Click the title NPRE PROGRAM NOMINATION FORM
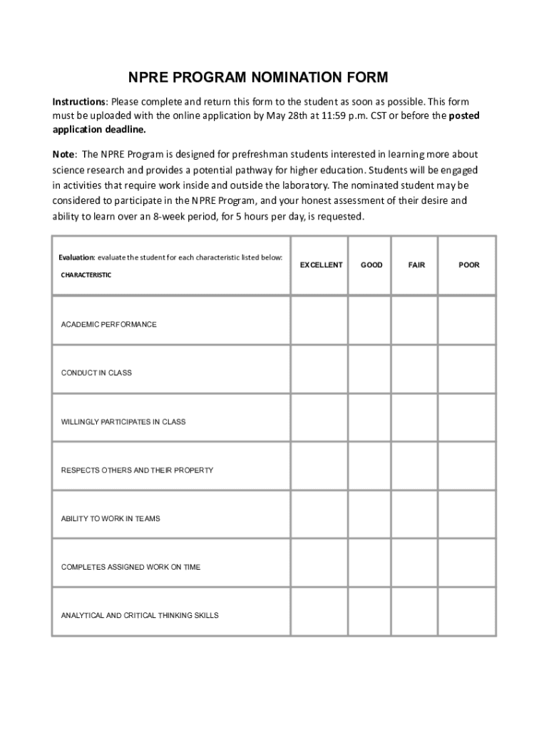coord(258,77)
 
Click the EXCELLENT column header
coord(321,265)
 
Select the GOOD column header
coord(371,265)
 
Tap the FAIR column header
coord(416,265)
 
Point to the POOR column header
coord(469,265)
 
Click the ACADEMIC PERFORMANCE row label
coord(108,324)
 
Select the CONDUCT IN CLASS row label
coord(96,373)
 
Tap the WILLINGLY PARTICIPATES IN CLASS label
coord(123,422)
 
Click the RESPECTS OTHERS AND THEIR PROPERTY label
coord(137,471)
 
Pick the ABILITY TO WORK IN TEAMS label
coord(111,519)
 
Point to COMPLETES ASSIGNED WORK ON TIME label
coord(131,567)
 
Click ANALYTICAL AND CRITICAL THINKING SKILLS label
coord(140,615)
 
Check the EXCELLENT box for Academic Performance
coord(319,321)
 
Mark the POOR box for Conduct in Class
coord(467,369)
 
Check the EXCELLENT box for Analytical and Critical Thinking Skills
coord(319,612)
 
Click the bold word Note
coord(64,155)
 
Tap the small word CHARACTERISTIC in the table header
coord(86,275)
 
